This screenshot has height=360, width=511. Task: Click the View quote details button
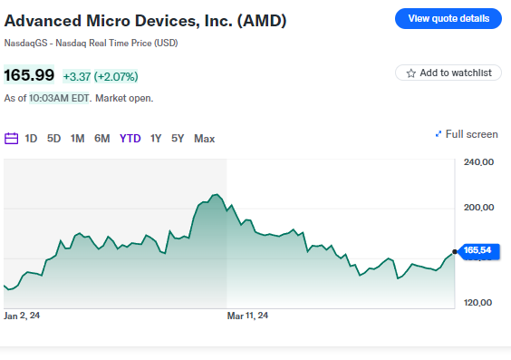click(448, 18)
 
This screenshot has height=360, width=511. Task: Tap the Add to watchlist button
click(448, 73)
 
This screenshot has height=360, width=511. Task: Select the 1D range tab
click(31, 139)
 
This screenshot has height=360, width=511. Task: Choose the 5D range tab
click(54, 139)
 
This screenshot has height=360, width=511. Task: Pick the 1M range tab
click(78, 139)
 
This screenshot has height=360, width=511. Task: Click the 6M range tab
click(102, 139)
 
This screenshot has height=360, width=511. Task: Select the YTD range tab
click(130, 139)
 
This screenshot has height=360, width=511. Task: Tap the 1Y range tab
click(156, 139)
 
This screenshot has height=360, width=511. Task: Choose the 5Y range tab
click(178, 139)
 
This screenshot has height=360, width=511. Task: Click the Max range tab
click(205, 139)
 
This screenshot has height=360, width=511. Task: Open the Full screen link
click(467, 134)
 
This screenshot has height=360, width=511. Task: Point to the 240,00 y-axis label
click(477, 163)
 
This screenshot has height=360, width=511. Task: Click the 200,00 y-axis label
click(477, 208)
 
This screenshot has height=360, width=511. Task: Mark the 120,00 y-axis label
click(477, 303)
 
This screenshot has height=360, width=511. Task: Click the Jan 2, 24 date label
click(22, 316)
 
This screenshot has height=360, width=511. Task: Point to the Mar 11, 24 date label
click(247, 316)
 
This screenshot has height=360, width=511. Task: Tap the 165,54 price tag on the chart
click(477, 250)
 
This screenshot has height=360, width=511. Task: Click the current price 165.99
click(29, 75)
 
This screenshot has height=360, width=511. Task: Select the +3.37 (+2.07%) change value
click(100, 76)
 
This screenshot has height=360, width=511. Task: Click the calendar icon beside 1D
click(12, 139)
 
